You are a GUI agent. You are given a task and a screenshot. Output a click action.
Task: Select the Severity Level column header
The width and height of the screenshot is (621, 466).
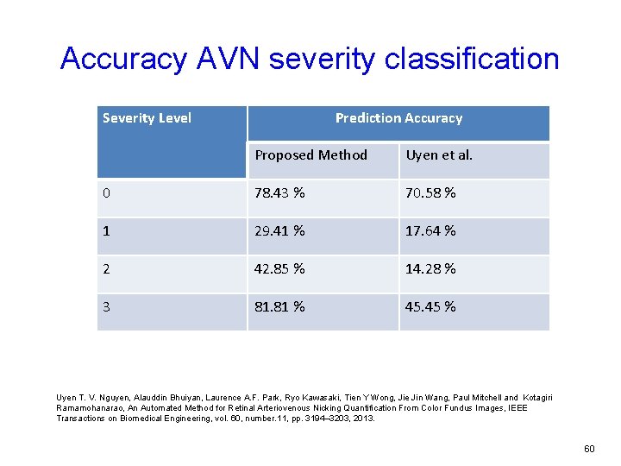147,118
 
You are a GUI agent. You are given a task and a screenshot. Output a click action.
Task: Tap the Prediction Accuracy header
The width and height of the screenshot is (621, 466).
398,118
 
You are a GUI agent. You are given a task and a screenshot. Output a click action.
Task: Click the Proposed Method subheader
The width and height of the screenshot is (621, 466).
310,155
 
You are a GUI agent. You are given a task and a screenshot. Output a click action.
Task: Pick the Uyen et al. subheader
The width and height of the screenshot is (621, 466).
439,155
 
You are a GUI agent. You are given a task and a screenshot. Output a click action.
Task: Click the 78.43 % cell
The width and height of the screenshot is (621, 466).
279,192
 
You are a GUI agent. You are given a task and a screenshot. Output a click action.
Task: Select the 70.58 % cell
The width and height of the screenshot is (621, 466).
430,192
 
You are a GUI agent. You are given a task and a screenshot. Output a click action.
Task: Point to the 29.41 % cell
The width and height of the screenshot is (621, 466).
279,230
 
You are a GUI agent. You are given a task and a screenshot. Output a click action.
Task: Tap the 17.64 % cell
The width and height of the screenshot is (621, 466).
430,230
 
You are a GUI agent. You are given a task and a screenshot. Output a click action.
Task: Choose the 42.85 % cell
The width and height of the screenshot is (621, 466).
279,268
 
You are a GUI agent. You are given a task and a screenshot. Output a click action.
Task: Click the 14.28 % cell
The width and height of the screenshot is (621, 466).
430,268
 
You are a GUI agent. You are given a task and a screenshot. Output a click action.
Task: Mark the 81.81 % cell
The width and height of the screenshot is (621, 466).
279,306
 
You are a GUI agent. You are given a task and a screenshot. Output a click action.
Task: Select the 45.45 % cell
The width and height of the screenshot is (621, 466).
430,306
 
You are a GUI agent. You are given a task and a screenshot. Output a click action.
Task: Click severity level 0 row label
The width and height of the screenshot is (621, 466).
106,192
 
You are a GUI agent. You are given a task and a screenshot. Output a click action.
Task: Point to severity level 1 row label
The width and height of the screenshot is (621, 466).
106,230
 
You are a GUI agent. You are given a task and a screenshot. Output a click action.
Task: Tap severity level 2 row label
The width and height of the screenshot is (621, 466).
106,268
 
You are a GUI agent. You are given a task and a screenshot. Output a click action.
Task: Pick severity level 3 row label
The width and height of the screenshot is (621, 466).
106,306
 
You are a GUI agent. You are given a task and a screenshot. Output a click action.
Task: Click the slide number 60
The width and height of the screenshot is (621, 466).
589,449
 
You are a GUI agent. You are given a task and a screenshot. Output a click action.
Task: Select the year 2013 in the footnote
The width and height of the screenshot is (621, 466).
362,418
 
